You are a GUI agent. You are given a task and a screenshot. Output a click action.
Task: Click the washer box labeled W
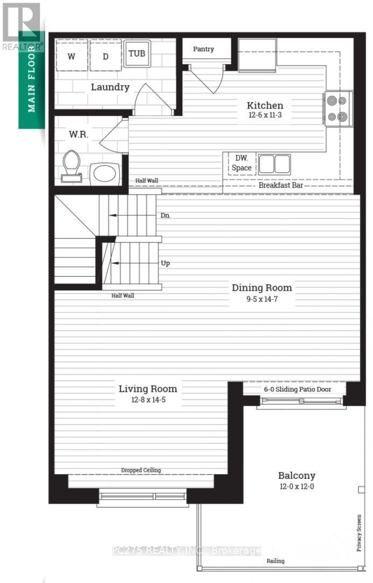coord(71,56)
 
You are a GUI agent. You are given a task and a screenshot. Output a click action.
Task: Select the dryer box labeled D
coord(105,56)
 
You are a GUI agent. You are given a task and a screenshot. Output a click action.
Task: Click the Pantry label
coord(203,49)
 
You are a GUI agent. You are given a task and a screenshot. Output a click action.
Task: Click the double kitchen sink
coord(274,164)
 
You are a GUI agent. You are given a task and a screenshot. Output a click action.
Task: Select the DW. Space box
coord(241,164)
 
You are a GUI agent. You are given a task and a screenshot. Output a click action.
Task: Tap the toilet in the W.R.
coord(71,165)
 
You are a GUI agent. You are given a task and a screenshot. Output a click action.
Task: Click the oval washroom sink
coord(104,174)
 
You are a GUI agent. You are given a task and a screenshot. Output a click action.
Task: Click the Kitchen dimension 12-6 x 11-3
coord(265,116)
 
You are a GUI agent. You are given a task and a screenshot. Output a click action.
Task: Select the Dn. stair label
coord(166,215)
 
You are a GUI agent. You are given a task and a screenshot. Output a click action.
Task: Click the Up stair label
coord(166,263)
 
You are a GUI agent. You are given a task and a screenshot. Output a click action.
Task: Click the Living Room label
coord(148,389)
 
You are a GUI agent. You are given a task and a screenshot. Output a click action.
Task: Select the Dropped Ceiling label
coord(141,470)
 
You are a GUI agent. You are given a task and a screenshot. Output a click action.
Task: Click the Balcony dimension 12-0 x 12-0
coord(296,486)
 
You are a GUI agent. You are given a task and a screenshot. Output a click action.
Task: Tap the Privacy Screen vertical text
coord(359,532)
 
